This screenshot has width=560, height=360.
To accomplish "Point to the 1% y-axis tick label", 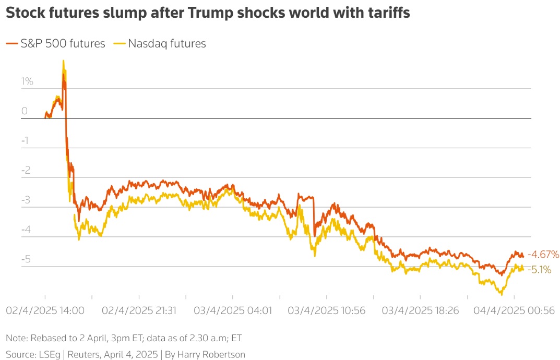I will click(x=27, y=81).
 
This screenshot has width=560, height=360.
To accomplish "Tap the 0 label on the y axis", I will click(x=25, y=111).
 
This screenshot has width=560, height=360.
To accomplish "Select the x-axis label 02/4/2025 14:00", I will click(x=45, y=310).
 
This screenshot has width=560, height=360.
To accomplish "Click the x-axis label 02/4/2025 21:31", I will click(x=139, y=310).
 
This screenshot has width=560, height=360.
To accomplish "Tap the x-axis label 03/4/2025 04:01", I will click(x=233, y=310).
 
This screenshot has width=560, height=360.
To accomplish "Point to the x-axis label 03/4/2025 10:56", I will click(x=327, y=310).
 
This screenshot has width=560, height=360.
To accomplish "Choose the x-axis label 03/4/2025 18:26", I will click(x=420, y=310).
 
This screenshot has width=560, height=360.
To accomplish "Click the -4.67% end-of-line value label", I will click(x=543, y=255).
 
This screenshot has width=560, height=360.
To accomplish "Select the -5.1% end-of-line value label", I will click(x=540, y=270).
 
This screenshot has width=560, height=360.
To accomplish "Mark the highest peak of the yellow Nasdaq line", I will click(x=63, y=61).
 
